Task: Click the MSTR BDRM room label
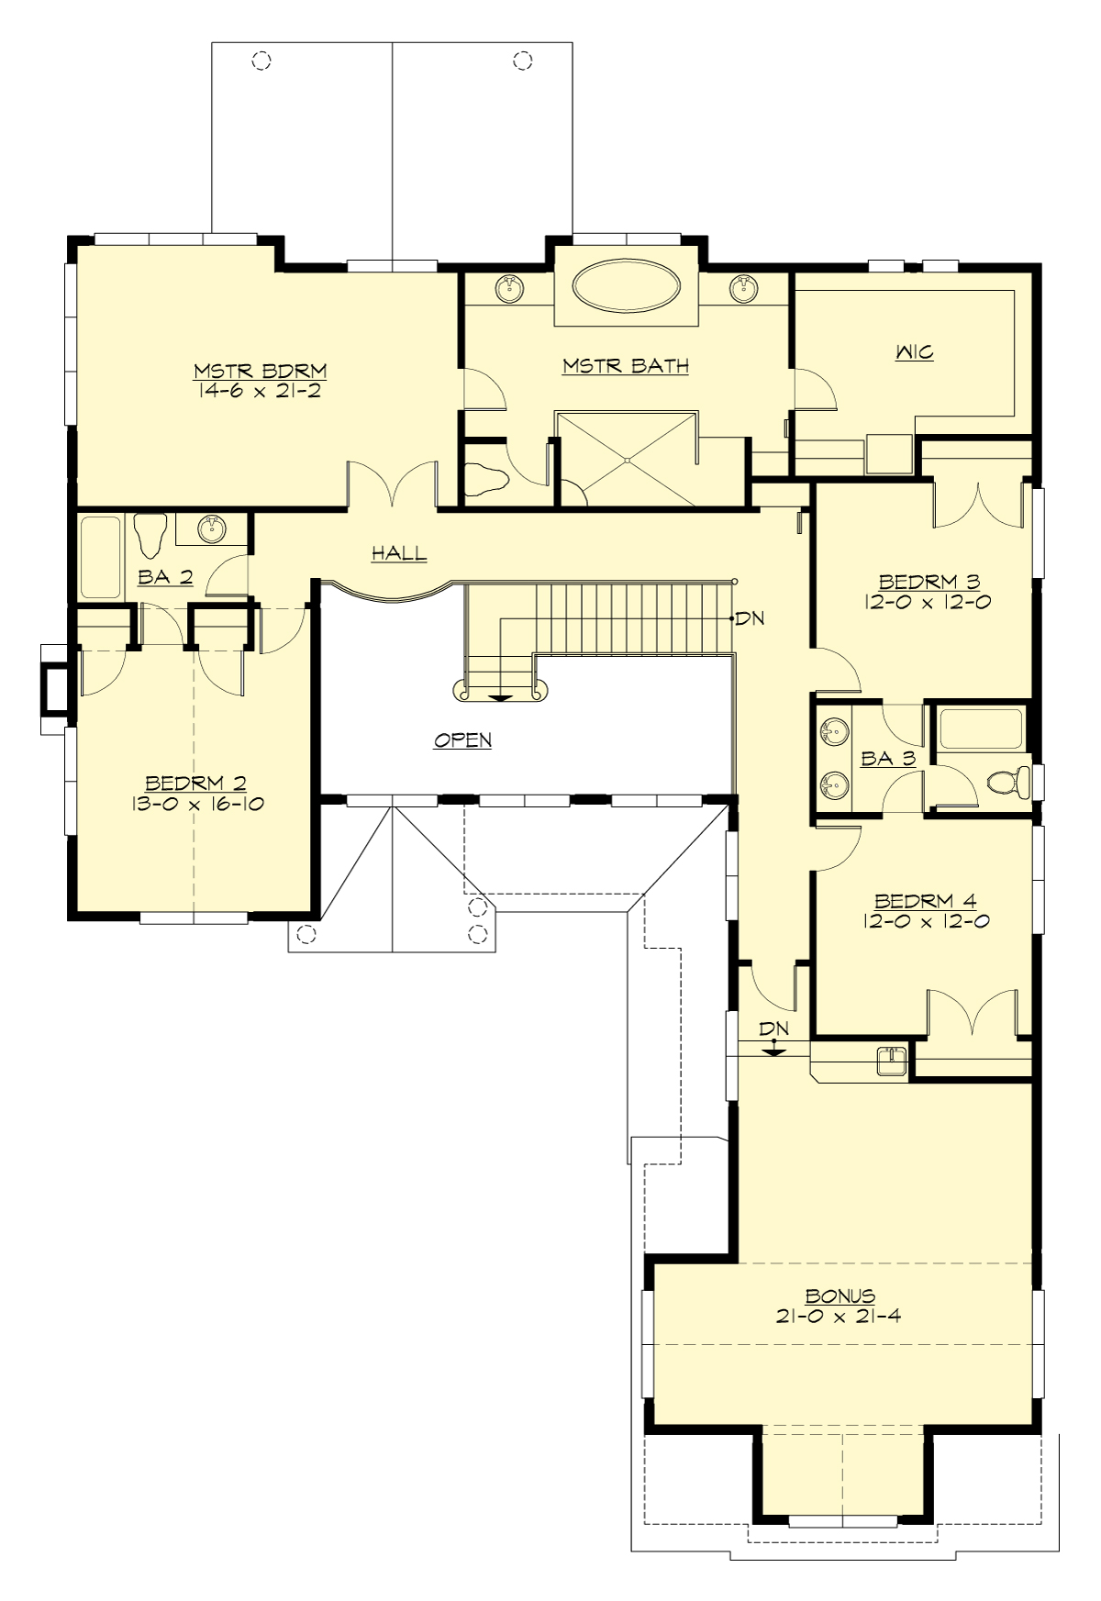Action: (260, 371)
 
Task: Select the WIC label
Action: (914, 351)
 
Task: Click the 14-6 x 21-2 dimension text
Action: (260, 390)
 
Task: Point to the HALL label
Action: (399, 552)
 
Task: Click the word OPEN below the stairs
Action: (462, 739)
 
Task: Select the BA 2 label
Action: (165, 576)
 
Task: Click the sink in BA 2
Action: (213, 528)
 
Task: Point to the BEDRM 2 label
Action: (196, 783)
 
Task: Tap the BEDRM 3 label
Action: (929, 581)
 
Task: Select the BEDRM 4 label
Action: (925, 901)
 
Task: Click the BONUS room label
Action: (840, 1296)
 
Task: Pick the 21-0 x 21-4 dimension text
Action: (840, 1316)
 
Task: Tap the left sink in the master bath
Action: (510, 289)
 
